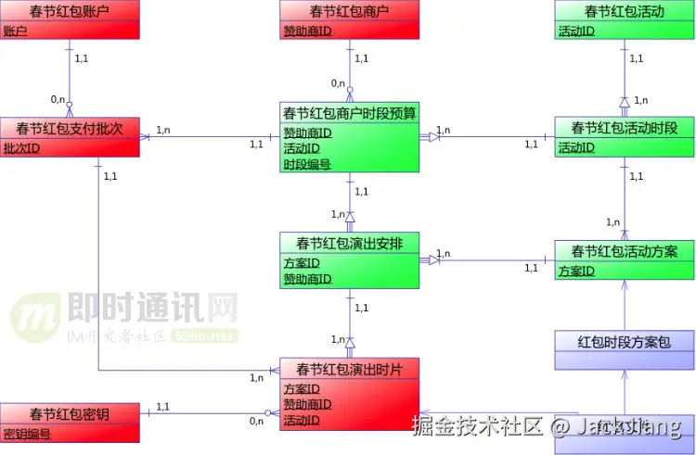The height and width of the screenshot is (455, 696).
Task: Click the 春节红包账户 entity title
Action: coord(70,12)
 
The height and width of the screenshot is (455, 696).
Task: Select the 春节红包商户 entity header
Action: coord(349,12)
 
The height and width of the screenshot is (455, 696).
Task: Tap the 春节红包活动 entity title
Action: coord(625,12)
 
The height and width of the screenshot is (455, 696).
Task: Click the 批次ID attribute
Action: coord(21,148)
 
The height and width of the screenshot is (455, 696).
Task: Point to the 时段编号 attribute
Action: coord(307,164)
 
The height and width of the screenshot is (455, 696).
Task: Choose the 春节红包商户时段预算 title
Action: coord(349,113)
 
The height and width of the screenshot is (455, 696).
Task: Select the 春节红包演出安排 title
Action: coord(349,244)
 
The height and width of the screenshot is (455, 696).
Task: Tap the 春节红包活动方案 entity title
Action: coord(625,251)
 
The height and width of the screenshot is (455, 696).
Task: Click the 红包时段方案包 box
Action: coord(625,342)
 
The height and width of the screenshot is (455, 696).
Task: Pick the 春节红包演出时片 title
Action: coord(349,369)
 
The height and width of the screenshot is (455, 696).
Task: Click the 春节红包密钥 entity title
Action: coord(70,414)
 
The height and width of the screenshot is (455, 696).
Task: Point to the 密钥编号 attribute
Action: coord(28,433)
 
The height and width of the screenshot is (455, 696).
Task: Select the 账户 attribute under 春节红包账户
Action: coord(16,31)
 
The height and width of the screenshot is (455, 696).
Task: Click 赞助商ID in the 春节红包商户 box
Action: coord(307,31)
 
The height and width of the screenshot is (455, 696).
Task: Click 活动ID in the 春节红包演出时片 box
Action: coord(302,421)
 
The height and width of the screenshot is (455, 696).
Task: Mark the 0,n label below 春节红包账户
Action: coord(58,99)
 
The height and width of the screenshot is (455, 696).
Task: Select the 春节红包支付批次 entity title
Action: coord(70,128)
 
